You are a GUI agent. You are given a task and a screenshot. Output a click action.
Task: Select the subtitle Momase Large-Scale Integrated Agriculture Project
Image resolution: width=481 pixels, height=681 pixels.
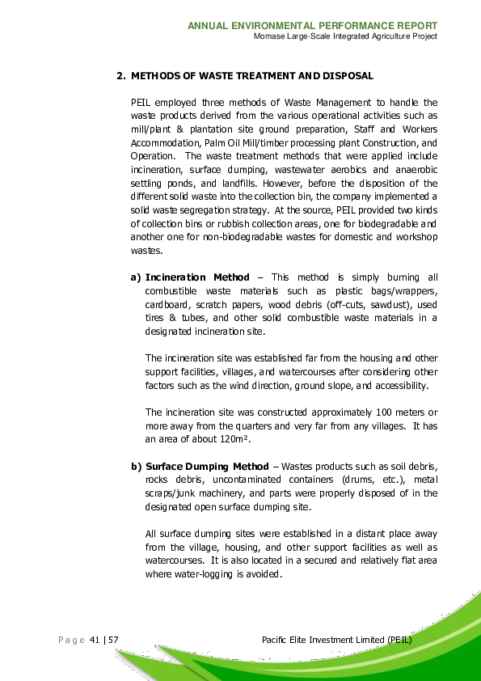345,36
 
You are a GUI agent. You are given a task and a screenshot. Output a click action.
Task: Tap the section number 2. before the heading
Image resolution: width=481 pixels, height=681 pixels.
120,76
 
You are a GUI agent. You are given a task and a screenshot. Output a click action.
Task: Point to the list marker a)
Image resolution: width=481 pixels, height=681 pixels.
136,277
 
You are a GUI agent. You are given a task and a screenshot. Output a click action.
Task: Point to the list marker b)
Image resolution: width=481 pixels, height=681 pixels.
136,467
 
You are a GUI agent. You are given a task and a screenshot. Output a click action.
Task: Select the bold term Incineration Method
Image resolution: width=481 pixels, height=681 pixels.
197,277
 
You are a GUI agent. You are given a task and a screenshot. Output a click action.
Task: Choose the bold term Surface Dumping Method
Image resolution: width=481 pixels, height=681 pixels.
206,467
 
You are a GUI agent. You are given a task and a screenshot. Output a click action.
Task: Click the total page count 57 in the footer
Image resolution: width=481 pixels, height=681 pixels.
114,641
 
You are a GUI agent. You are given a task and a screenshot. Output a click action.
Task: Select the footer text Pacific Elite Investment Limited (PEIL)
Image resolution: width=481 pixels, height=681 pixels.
337,641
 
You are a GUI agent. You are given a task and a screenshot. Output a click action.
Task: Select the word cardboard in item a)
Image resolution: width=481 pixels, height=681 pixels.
166,304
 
